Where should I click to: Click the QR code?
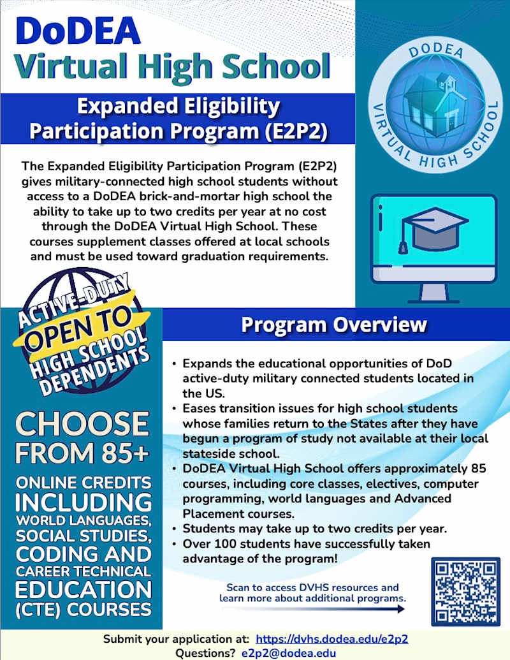tap(464, 591)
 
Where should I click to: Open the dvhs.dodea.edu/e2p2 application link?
tap(331, 639)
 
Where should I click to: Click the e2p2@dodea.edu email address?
tap(289, 652)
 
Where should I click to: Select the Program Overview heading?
tap(333, 325)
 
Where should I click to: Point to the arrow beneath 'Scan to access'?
tap(312, 609)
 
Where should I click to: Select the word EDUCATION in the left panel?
tap(84, 587)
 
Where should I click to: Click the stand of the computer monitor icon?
tap(433, 291)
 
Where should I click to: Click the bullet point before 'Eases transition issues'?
tap(174, 409)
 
